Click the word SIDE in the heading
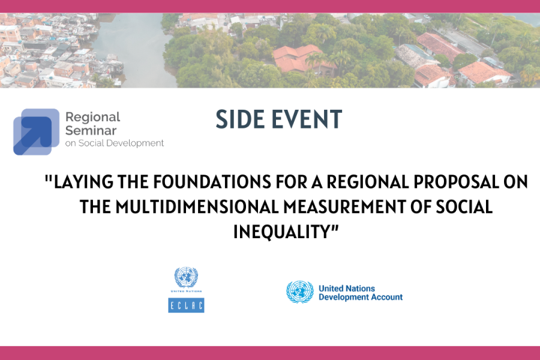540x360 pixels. (240, 119)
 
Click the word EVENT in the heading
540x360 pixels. (307, 119)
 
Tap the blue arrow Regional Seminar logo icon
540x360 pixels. (36, 131)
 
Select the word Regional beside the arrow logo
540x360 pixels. (92, 118)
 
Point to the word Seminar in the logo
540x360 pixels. (91, 131)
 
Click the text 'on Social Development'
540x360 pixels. (115, 143)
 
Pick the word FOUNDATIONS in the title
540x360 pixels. (212, 182)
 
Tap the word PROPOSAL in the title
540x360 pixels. (456, 182)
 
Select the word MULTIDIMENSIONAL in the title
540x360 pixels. (197, 206)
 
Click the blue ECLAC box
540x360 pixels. (186, 305)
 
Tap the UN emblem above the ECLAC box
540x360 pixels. (186, 277)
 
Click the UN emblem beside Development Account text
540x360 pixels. (300, 292)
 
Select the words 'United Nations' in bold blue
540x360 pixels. (347, 289)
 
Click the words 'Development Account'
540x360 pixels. (361, 297)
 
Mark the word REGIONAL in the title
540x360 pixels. (368, 182)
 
